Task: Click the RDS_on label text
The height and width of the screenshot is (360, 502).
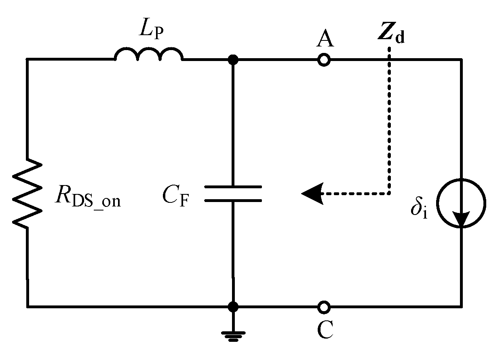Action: tap(87, 198)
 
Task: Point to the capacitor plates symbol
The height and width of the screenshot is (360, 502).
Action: tap(233, 194)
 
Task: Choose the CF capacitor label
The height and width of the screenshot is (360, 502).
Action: tap(176, 198)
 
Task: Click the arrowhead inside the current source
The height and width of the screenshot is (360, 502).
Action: tap(461, 219)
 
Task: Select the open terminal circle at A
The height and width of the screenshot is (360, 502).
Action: tap(323, 60)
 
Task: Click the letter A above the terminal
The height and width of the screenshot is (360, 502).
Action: tap(325, 40)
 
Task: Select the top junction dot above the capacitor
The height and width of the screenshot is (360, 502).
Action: tap(233, 60)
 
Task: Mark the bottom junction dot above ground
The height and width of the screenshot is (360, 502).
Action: tap(233, 307)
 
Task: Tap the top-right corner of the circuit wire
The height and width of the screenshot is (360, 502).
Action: tap(461, 60)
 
